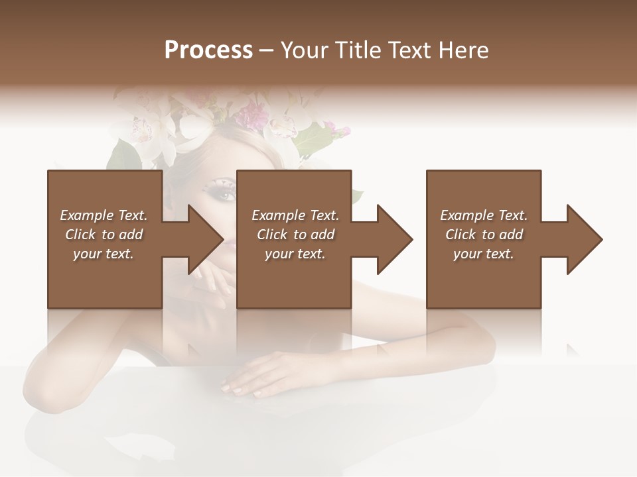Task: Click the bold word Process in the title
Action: [x=208, y=50]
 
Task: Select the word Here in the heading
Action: [x=462, y=50]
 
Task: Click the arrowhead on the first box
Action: [x=206, y=239]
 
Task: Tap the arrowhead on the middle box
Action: [x=395, y=239]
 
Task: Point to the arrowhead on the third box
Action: [x=585, y=239]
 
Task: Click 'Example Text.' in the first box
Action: [x=104, y=215]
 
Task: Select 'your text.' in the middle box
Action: [x=295, y=254]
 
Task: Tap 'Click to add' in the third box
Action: [x=484, y=235]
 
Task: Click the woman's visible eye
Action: [x=226, y=195]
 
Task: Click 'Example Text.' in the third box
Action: [x=484, y=215]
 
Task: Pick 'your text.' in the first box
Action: [x=104, y=254]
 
